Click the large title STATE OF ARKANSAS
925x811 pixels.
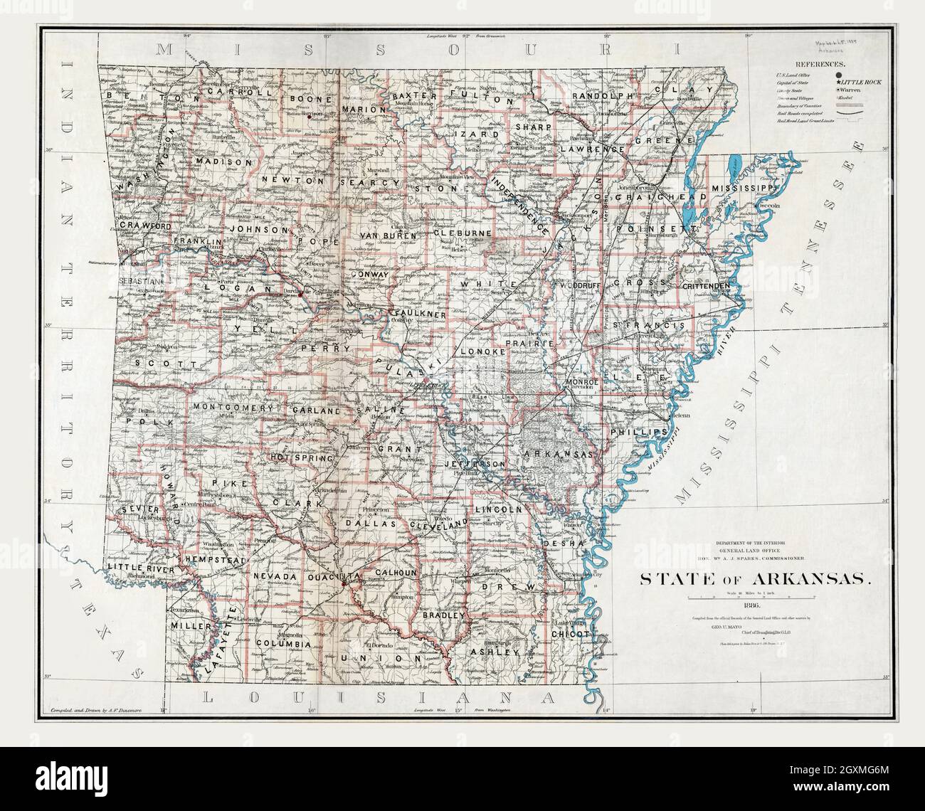pos(754,578)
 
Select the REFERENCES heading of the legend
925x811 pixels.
pos(820,64)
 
